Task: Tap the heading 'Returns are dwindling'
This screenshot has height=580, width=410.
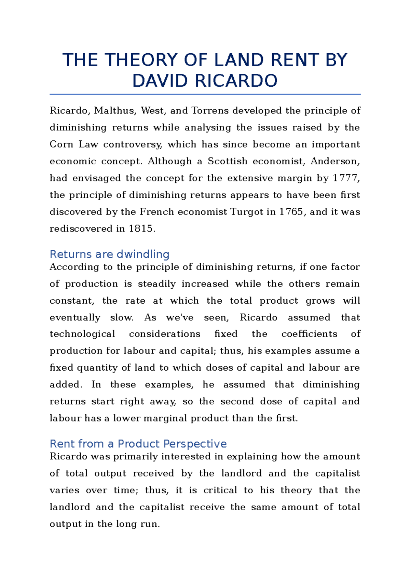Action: (109, 254)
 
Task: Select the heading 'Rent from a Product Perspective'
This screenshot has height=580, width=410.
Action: (138, 444)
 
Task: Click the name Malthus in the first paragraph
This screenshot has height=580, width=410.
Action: (114, 111)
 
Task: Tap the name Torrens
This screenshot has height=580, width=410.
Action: (210, 111)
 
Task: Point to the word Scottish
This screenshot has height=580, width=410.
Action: (228, 161)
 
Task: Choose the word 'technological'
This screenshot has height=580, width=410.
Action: (82, 334)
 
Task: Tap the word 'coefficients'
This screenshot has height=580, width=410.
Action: (309, 334)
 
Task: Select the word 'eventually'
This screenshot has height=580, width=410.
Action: (75, 318)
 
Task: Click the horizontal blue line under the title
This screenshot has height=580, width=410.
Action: (205, 94)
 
